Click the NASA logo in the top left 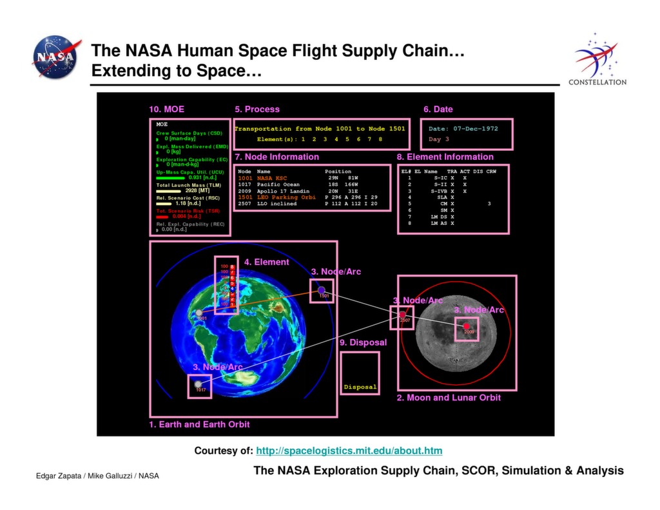pos(57,57)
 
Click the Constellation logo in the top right pos(597,59)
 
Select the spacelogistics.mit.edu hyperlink pos(349,451)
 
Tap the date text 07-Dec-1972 pos(474,128)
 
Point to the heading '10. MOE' pos(166,109)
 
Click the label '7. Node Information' pos(277,157)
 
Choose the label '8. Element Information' pos(445,157)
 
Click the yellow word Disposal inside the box pos(360,387)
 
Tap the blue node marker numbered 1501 pos(322,291)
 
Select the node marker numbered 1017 pos(199,384)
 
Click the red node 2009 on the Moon pos(467,326)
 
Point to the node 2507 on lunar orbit pos(403,315)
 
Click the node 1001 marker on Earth pos(199,313)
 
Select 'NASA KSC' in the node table pos(273,177)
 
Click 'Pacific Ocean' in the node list pos(278,184)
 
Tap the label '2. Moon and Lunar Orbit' pos(448,398)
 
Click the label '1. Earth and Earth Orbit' pos(199,424)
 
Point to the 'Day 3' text pos(439,139)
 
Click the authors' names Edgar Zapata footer pos(97,476)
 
